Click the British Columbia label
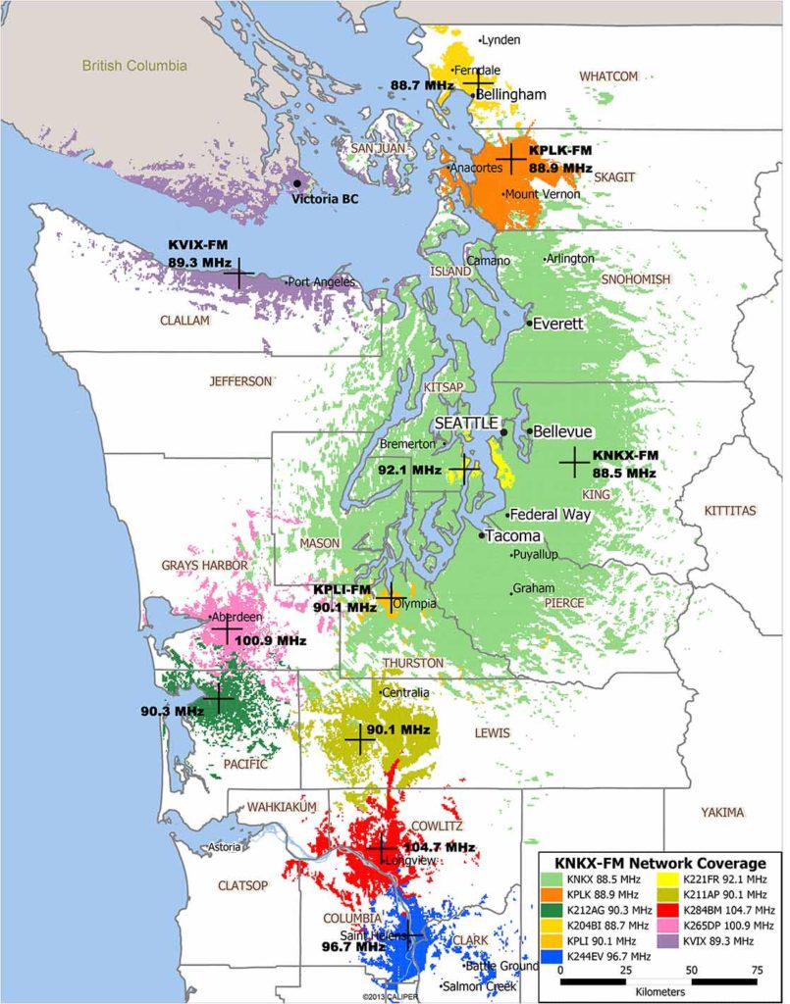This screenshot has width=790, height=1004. click(133, 66)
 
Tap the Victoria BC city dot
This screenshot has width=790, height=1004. click(297, 183)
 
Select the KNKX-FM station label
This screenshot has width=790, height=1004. click(625, 456)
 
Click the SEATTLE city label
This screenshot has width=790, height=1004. click(466, 422)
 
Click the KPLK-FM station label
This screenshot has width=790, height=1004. click(560, 151)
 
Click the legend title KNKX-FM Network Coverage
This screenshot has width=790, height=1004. click(661, 863)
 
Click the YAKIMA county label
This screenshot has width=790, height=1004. click(722, 813)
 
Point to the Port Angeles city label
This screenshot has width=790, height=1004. click(320, 282)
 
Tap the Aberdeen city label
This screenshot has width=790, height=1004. click(237, 618)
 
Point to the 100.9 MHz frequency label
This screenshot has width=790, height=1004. click(271, 640)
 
